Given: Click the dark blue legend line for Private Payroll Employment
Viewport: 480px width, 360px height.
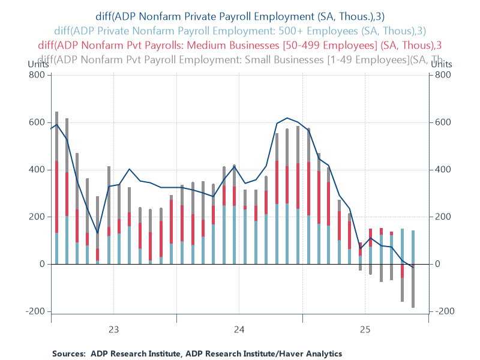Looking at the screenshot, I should coord(240,17).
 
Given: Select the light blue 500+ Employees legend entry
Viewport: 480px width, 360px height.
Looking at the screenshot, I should coord(240,31).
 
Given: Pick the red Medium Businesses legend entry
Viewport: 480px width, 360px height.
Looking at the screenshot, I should coord(240,44).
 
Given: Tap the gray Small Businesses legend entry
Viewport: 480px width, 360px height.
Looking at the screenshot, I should coord(240,59).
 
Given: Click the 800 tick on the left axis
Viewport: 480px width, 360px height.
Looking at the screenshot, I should coord(38,75).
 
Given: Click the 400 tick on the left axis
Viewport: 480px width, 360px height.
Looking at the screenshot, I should coord(38,170).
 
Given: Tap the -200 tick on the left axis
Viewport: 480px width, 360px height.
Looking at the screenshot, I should coord(36,311).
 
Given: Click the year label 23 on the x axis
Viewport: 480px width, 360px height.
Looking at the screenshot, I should coord(113,329).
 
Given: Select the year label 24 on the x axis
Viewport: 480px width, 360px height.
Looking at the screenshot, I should coord(239,329).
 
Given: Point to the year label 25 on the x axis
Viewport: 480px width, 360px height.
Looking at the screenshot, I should coord(365,329).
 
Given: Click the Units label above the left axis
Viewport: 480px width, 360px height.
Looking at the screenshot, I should coord(38,64).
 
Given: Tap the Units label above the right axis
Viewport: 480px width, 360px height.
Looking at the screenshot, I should coord(441,64).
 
